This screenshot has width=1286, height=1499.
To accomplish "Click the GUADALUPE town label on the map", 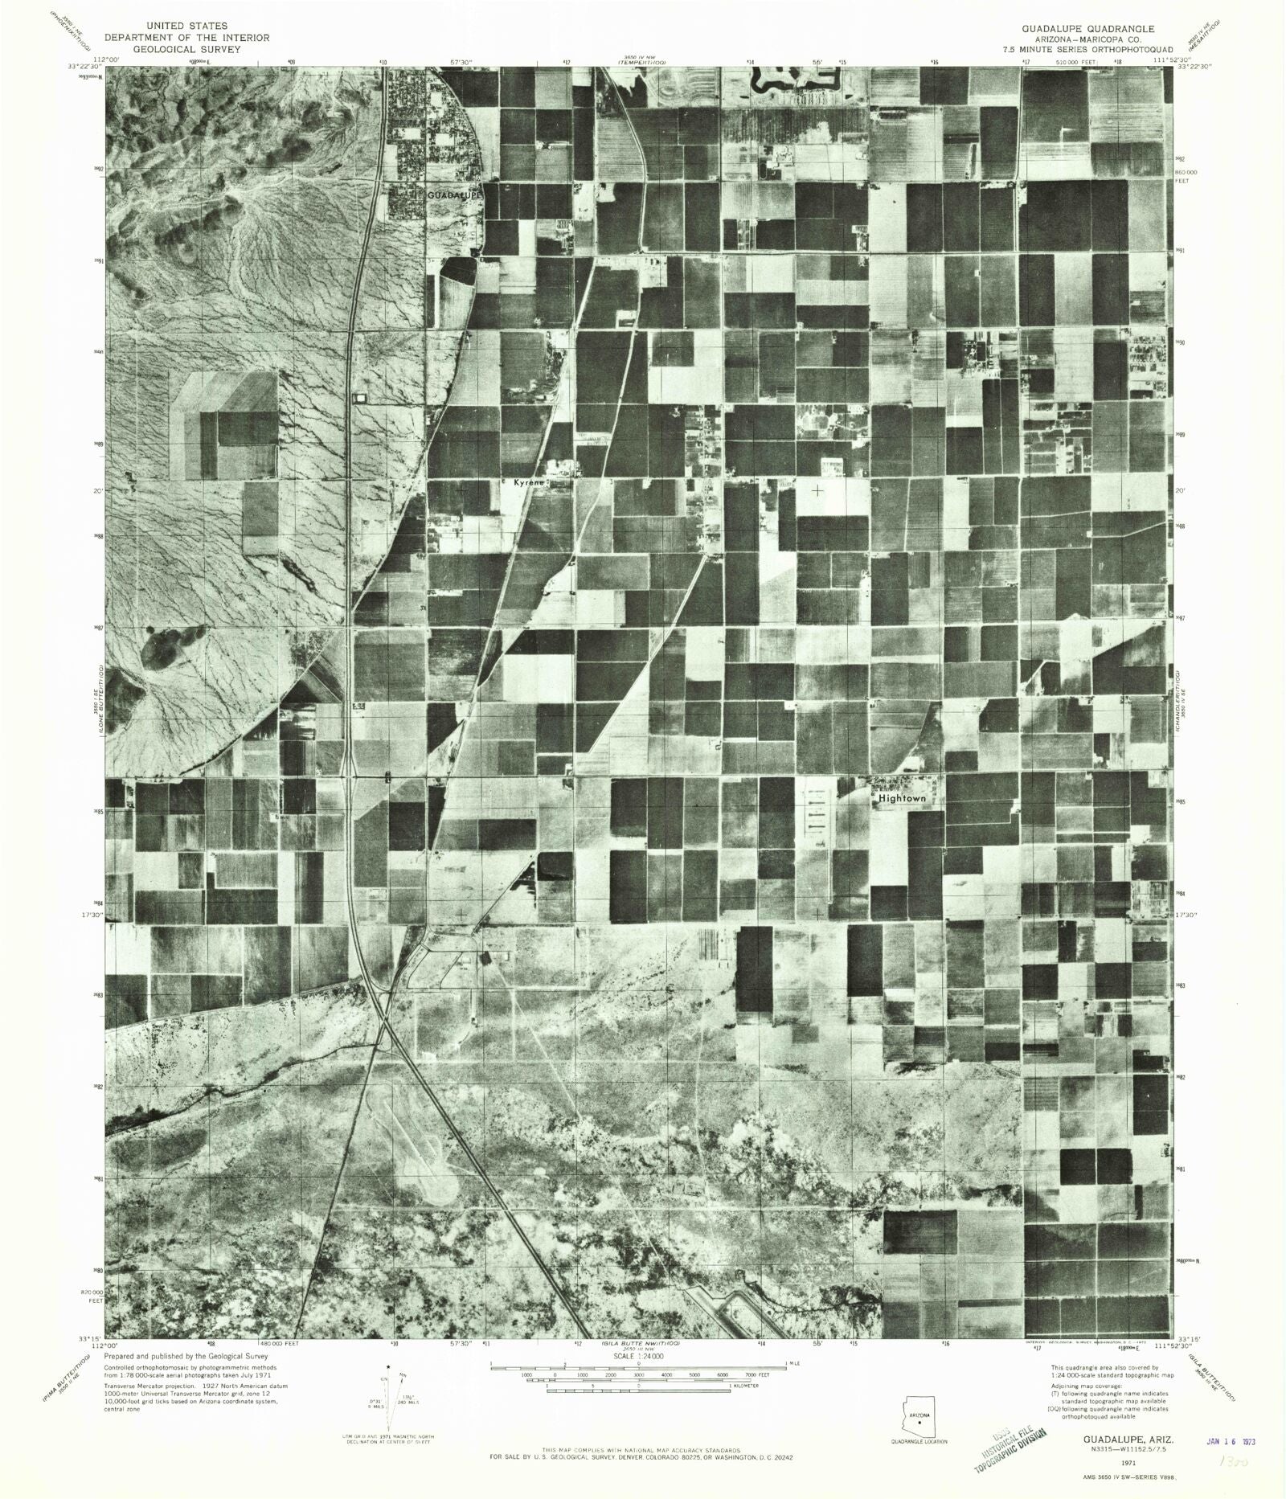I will (453, 195).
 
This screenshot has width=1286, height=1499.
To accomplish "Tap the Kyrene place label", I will (530, 483).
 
